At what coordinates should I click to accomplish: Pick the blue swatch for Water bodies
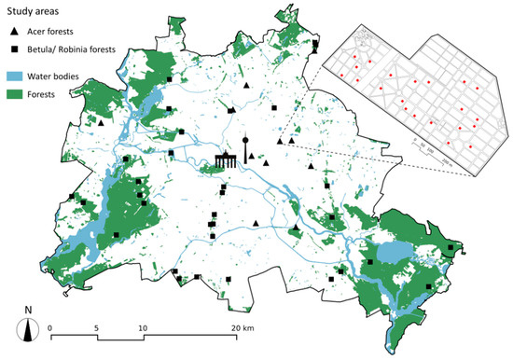(x=17, y=75)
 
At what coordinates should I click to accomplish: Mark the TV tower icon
(x=246, y=150)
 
